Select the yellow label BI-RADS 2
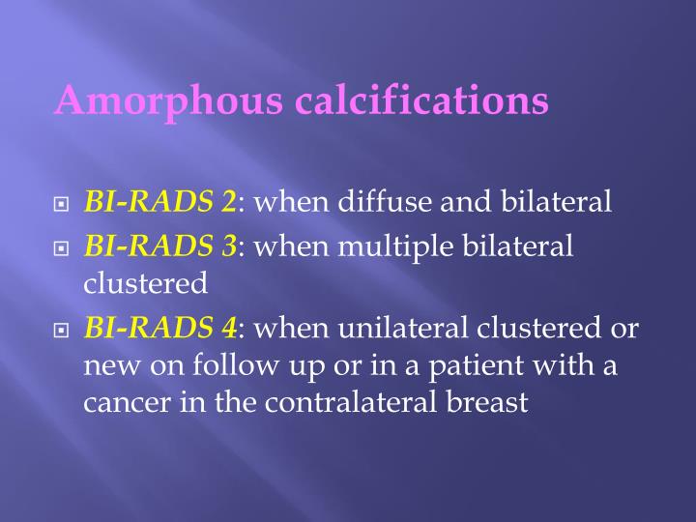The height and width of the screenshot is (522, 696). [160, 202]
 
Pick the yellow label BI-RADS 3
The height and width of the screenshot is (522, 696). [160, 246]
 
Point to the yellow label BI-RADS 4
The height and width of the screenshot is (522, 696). [160, 329]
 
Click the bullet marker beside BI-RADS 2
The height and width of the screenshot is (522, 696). [62, 204]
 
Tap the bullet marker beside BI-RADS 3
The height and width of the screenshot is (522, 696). [62, 248]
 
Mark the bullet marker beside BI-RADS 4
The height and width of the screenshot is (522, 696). [62, 331]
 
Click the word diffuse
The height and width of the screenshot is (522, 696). [395, 202]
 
